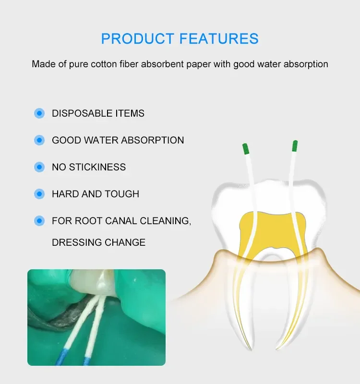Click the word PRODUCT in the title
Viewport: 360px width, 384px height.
point(137,38)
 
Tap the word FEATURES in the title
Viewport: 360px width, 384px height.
point(219,38)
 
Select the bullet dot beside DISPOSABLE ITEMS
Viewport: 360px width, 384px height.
point(39,113)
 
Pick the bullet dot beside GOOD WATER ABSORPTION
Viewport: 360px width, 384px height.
point(39,140)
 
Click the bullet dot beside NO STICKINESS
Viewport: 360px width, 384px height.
point(39,167)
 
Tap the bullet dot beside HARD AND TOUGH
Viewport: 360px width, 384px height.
point(39,194)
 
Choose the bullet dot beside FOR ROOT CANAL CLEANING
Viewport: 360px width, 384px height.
point(39,221)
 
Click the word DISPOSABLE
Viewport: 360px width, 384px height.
point(82,113)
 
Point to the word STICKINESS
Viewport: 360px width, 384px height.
point(97,167)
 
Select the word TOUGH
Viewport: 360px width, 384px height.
point(122,194)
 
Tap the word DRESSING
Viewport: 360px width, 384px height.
point(77,242)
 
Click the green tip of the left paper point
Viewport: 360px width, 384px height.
point(246,149)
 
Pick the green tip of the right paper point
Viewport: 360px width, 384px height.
point(295,146)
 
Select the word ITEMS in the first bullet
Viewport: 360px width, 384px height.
point(130,113)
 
